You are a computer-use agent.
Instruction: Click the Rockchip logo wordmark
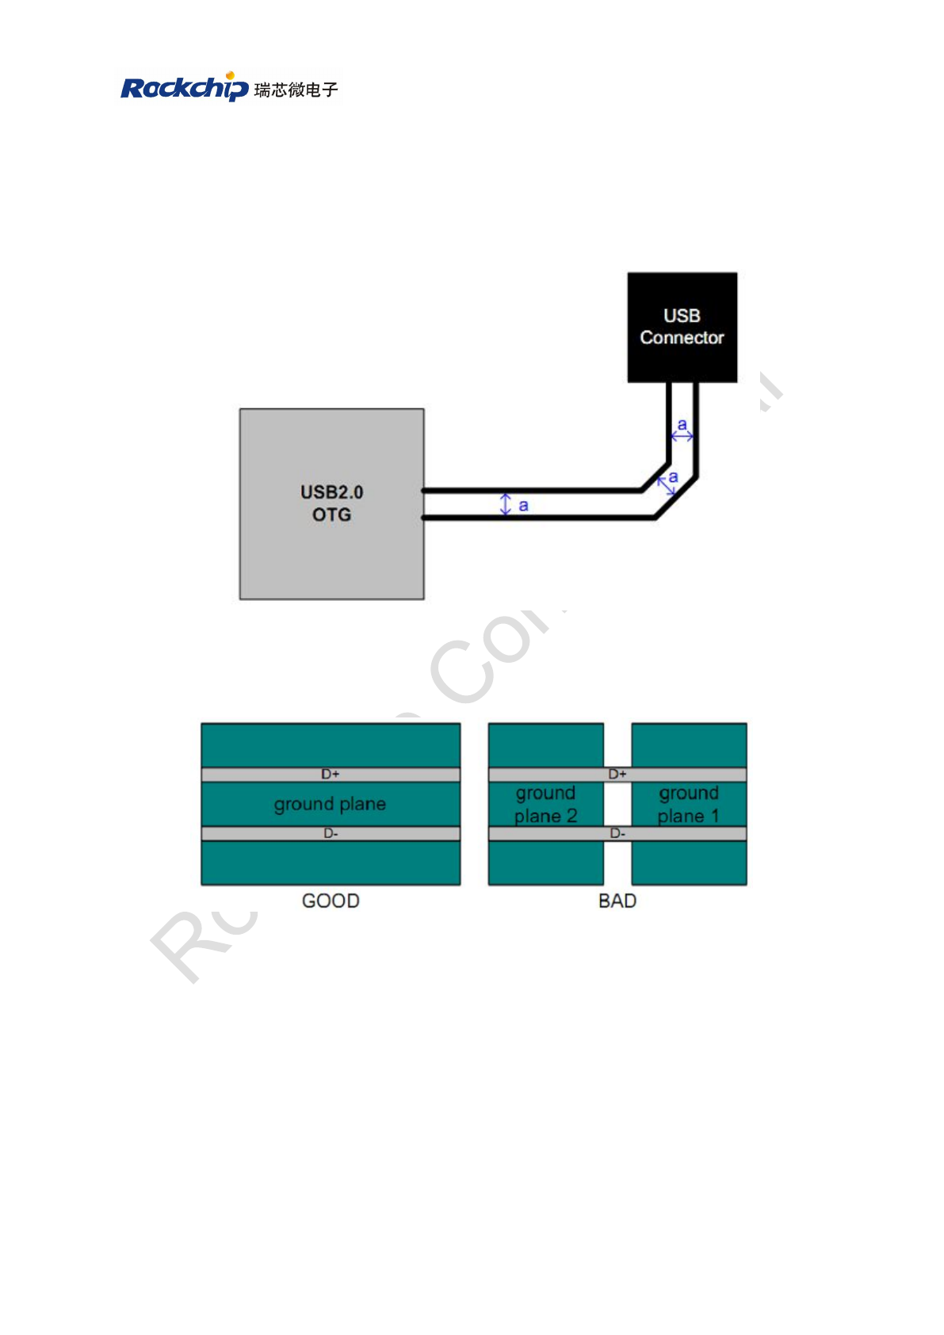point(184,87)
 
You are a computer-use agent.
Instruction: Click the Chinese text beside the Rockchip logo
point(296,90)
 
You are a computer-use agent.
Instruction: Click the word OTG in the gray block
point(331,515)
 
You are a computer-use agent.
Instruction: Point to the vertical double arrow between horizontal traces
point(506,504)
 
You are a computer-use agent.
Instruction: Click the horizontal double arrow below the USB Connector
point(682,436)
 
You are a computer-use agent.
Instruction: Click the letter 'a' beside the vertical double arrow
point(523,505)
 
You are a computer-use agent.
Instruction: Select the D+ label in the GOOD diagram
point(331,774)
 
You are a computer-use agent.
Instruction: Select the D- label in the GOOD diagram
point(331,833)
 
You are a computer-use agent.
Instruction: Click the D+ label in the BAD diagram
point(617,774)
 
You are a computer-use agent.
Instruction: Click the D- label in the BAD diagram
point(617,833)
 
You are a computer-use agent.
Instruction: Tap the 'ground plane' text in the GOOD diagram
point(330,804)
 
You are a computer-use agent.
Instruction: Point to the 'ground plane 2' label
point(545,805)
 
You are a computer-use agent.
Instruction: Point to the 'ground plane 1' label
point(689,805)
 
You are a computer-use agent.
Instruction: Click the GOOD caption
point(331,901)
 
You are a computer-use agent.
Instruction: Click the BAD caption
point(617,901)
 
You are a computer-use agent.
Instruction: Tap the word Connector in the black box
point(682,338)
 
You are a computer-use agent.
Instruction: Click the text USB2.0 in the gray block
point(331,492)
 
